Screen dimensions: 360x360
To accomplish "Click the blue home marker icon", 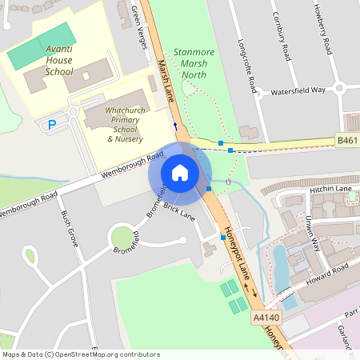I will click(180, 173).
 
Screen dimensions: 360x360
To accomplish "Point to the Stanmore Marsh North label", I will click(189, 63).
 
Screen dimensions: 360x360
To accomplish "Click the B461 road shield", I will click(346, 140).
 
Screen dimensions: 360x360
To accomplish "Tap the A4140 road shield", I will click(264, 318).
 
